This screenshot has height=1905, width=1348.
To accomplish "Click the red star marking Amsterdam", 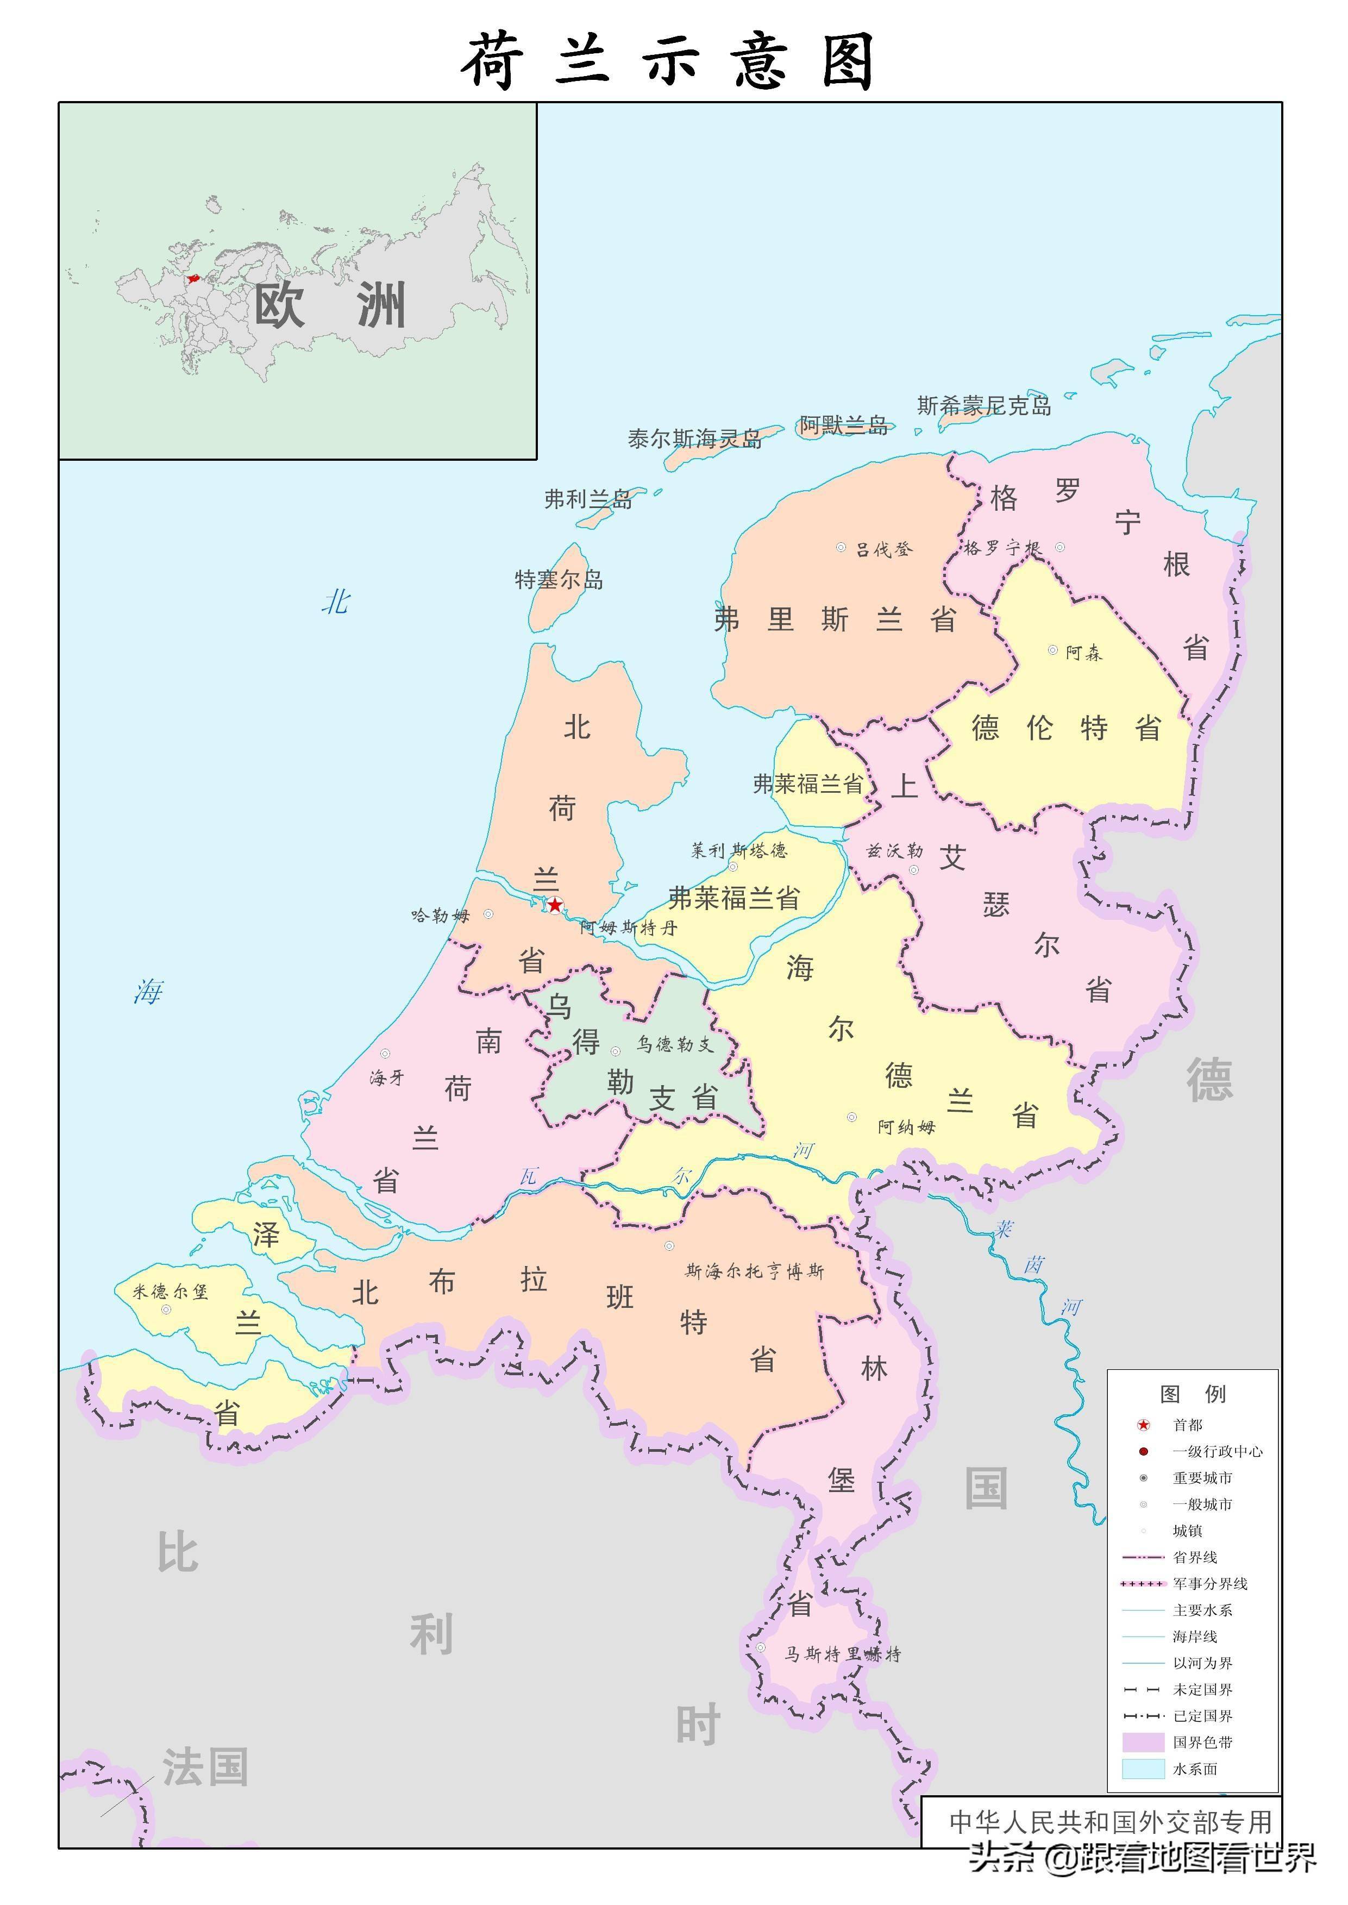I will (x=555, y=905).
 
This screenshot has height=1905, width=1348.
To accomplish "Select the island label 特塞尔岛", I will (x=559, y=579).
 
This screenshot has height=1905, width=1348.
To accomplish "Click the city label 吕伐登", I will (x=884, y=549).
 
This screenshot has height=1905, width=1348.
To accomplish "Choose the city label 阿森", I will (x=1084, y=653).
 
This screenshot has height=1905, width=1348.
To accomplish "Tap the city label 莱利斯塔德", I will (x=739, y=850).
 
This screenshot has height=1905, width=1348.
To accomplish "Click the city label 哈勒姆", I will (x=441, y=914).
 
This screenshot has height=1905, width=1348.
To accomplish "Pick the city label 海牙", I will (x=387, y=1077).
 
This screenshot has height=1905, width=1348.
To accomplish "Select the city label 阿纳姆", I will (x=906, y=1126).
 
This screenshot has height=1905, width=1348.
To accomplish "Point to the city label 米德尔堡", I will (x=170, y=1291).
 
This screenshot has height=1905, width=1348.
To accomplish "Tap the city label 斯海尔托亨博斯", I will (x=755, y=1271).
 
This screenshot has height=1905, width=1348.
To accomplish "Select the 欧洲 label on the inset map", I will (x=330, y=305).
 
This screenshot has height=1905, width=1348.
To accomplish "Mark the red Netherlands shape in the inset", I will (x=193, y=279).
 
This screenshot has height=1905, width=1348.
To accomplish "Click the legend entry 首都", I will (x=1187, y=1424).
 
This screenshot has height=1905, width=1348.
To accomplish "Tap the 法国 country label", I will (x=205, y=1766).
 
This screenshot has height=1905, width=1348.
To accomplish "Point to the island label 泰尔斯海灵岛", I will (x=695, y=438).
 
